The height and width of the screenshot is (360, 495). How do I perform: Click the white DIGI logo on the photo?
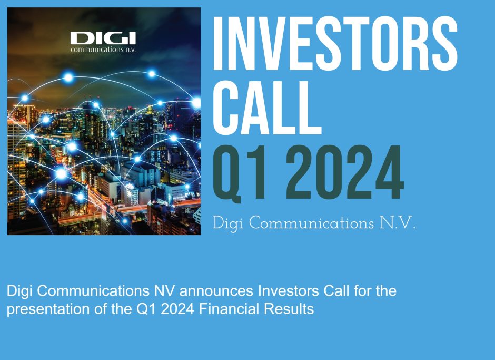103,38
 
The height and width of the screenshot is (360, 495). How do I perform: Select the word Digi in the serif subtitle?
229,223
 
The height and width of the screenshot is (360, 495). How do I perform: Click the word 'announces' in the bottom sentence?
202,290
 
